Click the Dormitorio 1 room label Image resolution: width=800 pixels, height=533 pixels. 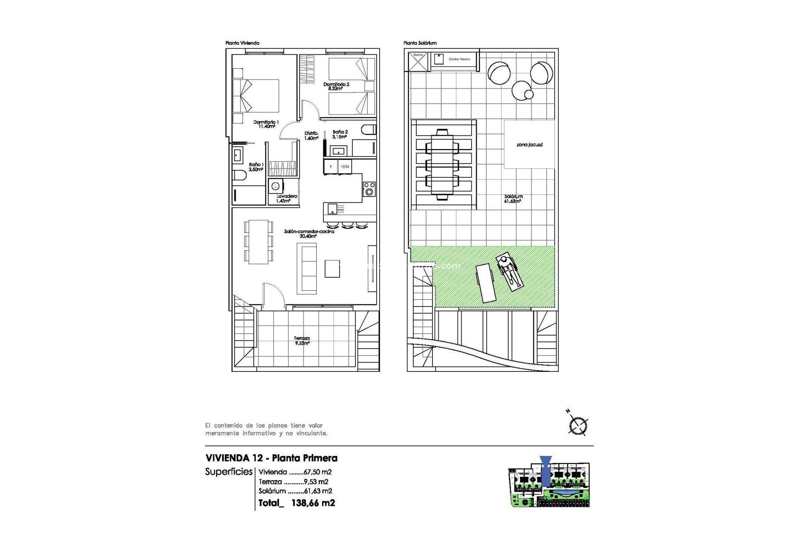(x=266, y=124)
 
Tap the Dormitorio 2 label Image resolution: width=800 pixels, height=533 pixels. (x=336, y=86)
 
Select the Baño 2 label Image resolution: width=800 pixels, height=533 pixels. (x=340, y=134)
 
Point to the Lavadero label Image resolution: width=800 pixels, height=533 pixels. (x=286, y=198)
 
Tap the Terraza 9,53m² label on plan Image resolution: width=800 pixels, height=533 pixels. (x=302, y=341)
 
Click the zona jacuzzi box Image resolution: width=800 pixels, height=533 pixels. (x=529, y=144)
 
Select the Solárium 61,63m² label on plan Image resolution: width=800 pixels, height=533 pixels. (x=513, y=199)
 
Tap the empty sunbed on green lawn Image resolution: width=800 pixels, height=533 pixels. (x=485, y=283)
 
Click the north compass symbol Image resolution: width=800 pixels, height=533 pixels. (x=578, y=425)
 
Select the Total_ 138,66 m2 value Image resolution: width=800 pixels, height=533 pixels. (x=297, y=503)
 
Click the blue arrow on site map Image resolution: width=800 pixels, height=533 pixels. (x=545, y=471)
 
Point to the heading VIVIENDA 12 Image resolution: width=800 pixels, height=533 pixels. (x=234, y=458)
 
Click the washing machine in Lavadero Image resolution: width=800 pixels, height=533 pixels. (x=276, y=186)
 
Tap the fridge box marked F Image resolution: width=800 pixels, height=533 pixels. (x=331, y=167)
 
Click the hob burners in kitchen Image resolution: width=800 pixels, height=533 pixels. (x=369, y=189)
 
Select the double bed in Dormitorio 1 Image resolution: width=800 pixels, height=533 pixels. (x=256, y=95)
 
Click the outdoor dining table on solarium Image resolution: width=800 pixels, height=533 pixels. (x=442, y=164)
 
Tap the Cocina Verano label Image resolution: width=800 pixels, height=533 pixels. (x=459, y=59)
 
